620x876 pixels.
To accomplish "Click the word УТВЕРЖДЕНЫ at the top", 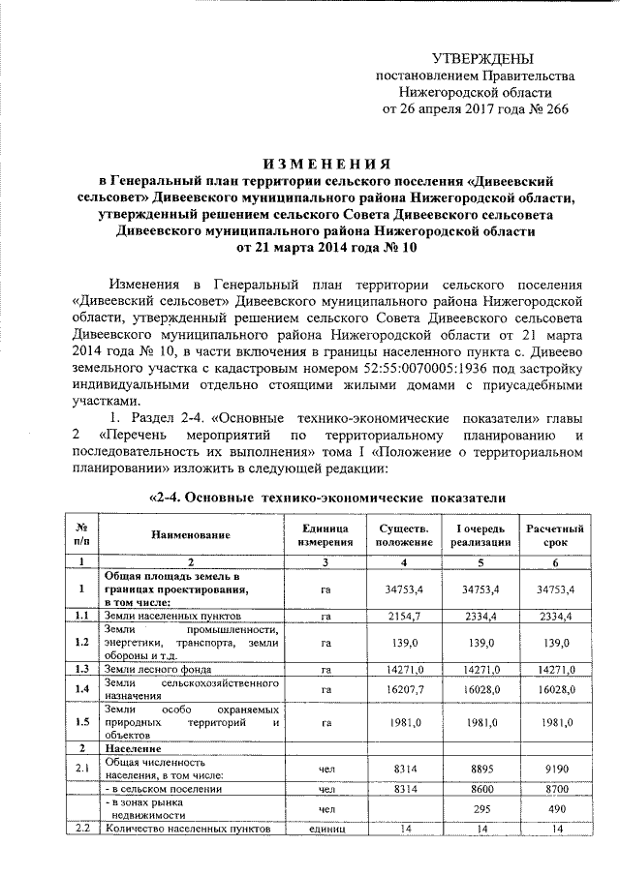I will pos(481,59).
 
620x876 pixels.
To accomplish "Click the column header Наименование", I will pos(190,534).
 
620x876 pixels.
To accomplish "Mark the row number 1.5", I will pos(82,721).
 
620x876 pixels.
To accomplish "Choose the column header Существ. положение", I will pos(398,534).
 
